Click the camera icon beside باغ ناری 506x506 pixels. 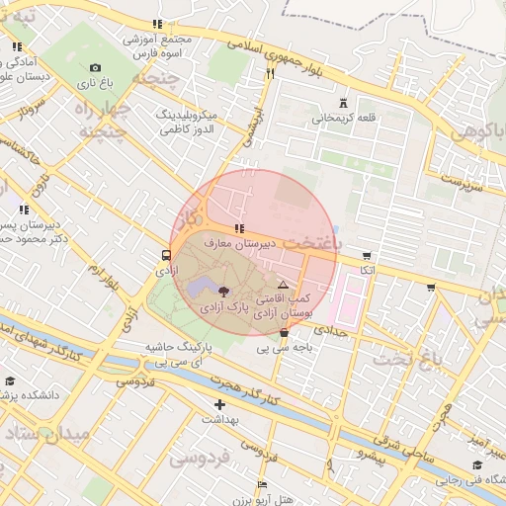tap(95, 67)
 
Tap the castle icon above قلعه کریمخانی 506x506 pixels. tap(343, 103)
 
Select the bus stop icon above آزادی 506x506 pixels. tap(164, 254)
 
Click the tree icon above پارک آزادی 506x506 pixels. tap(223, 292)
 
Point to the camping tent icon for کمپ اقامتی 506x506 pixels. tap(283, 284)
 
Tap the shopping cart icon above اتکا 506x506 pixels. tap(368, 254)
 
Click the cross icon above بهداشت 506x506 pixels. tap(219, 403)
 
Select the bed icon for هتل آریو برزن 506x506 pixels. tap(261, 484)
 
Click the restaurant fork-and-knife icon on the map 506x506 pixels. tap(270, 73)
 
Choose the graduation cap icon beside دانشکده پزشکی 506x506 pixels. tap(10, 380)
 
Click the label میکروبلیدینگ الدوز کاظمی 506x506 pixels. tap(194, 123)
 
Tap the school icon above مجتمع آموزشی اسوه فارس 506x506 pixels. tap(157, 24)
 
